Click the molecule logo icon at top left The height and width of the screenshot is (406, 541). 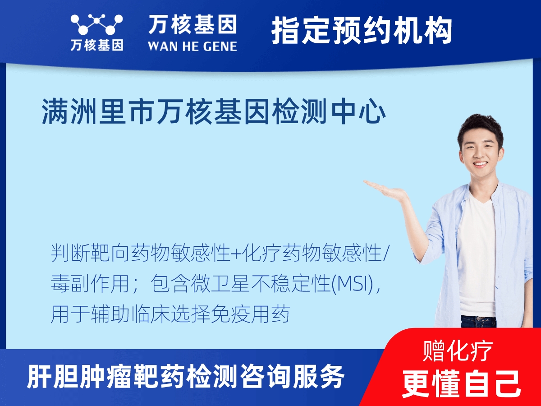click(96, 25)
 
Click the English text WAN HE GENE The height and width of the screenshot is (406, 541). click(193, 46)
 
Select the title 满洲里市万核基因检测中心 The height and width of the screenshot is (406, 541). click(214, 113)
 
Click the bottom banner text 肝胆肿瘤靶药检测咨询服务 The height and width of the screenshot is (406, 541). click(186, 377)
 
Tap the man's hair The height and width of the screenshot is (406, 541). click(481, 124)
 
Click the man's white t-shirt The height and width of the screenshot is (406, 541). click(477, 253)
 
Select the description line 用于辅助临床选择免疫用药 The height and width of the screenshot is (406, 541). click(170, 314)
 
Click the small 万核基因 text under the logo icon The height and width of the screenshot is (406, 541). click(96, 46)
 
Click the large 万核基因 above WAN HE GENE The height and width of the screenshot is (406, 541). click(193, 25)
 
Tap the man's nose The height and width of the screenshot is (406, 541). click(480, 153)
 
